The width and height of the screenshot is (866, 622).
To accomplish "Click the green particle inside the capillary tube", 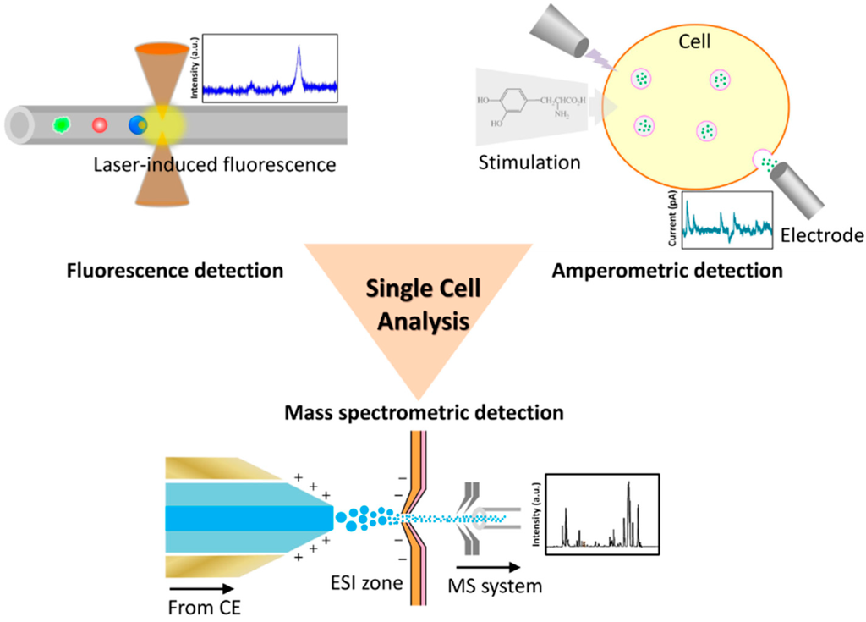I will coord(61,125).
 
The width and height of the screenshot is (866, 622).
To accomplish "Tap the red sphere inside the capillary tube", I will coord(99,125).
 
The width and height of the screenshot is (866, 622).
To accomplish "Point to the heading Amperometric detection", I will coord(667,272).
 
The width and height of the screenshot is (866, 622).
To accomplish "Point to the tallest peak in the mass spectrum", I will coord(628,489).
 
